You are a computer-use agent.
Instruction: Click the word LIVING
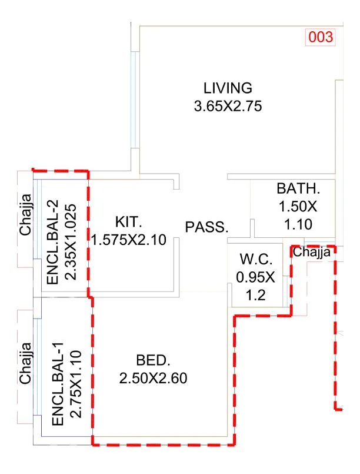pyautogui.click(x=228, y=88)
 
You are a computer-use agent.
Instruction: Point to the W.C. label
pyautogui.click(x=255, y=259)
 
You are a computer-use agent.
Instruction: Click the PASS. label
pyautogui.click(x=206, y=227)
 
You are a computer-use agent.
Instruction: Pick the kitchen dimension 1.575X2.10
pyautogui.click(x=129, y=240)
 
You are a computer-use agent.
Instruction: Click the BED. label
pyautogui.click(x=152, y=360)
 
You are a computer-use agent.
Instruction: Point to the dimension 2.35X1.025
pyautogui.click(x=71, y=237)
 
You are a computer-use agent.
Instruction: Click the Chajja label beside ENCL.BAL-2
pyautogui.click(x=25, y=218)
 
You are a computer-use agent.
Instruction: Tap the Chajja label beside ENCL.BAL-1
pyautogui.click(x=25, y=367)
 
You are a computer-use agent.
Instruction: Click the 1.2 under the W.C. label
pyautogui.click(x=255, y=294)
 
